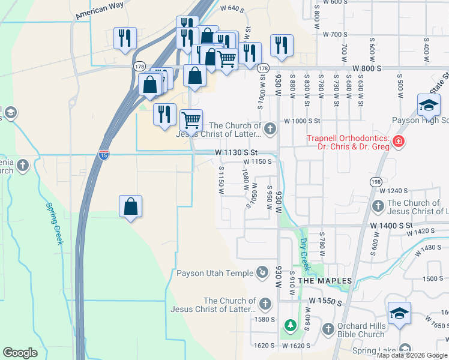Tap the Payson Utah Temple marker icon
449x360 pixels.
point(262,273)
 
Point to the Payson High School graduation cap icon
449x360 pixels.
point(429,106)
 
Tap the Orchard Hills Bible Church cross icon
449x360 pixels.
point(328,329)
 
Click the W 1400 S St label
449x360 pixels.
point(392,224)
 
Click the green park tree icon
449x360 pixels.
point(291,325)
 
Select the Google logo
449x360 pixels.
point(20,353)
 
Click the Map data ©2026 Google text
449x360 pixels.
point(412,355)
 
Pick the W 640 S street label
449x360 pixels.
point(232,8)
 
